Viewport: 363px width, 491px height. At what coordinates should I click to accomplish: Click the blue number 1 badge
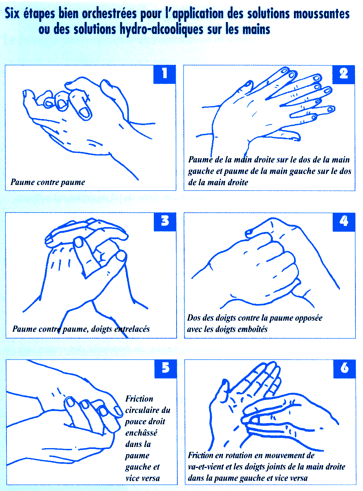tap(164, 74)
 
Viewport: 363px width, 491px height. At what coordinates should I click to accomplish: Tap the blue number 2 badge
tap(344, 74)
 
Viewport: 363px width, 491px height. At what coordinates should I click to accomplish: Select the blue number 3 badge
tap(165, 222)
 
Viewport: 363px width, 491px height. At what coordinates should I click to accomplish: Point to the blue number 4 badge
tap(344, 222)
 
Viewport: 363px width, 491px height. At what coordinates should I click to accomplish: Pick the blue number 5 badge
tap(166, 369)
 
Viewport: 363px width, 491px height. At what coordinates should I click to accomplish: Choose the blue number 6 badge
tap(344, 369)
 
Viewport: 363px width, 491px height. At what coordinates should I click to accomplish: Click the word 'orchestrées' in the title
tap(109, 14)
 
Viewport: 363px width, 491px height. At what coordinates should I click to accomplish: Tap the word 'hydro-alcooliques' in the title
tap(161, 30)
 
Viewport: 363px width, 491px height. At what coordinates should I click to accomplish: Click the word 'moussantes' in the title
tap(321, 14)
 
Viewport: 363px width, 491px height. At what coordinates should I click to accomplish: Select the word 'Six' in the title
tap(12, 13)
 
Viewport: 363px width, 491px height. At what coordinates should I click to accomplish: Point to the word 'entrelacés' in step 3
tap(132, 329)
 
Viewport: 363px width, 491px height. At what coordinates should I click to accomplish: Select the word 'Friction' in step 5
tap(139, 399)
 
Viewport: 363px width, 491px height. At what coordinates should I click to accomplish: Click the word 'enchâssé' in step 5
tap(141, 433)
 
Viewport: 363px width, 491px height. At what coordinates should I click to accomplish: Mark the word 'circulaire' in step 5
tap(142, 410)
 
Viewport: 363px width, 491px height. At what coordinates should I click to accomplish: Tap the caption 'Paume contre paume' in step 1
tap(48, 182)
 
